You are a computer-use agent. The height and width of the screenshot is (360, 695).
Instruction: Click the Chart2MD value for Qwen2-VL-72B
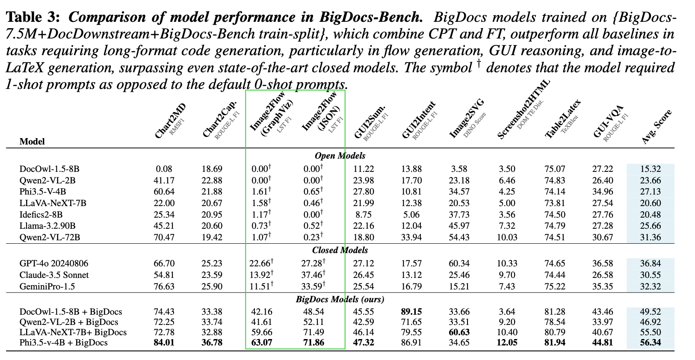click(x=164, y=237)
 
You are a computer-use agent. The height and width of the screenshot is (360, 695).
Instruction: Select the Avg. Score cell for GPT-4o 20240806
click(x=650, y=263)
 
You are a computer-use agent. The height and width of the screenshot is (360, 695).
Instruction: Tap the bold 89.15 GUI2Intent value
click(x=411, y=312)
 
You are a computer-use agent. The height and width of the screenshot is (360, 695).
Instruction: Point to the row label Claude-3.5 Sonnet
click(x=54, y=275)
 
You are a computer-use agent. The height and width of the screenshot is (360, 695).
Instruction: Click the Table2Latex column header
click(x=563, y=119)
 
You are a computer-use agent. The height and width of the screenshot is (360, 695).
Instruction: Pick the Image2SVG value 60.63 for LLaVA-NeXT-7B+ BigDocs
click(x=459, y=332)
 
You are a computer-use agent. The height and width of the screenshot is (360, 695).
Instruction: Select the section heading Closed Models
click(x=340, y=250)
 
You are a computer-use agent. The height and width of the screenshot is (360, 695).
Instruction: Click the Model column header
click(x=32, y=142)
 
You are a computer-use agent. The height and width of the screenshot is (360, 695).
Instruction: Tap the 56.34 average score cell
click(x=650, y=342)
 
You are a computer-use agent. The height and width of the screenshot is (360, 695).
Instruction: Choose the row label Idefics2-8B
click(x=41, y=214)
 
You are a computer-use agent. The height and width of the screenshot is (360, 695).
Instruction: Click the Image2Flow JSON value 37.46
click(x=312, y=275)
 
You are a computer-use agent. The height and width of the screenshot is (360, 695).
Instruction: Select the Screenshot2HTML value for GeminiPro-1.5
click(x=507, y=286)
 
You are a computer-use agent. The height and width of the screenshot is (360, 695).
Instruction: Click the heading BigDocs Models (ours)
click(x=340, y=299)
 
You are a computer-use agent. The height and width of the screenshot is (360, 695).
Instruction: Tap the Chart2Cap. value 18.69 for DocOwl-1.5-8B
click(x=212, y=169)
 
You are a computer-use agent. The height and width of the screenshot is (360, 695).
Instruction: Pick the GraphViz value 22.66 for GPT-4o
click(x=260, y=263)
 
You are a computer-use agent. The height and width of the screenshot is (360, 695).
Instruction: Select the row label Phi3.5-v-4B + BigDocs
click(x=63, y=342)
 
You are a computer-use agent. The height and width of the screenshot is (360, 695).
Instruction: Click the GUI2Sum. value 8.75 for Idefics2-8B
click(x=364, y=214)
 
